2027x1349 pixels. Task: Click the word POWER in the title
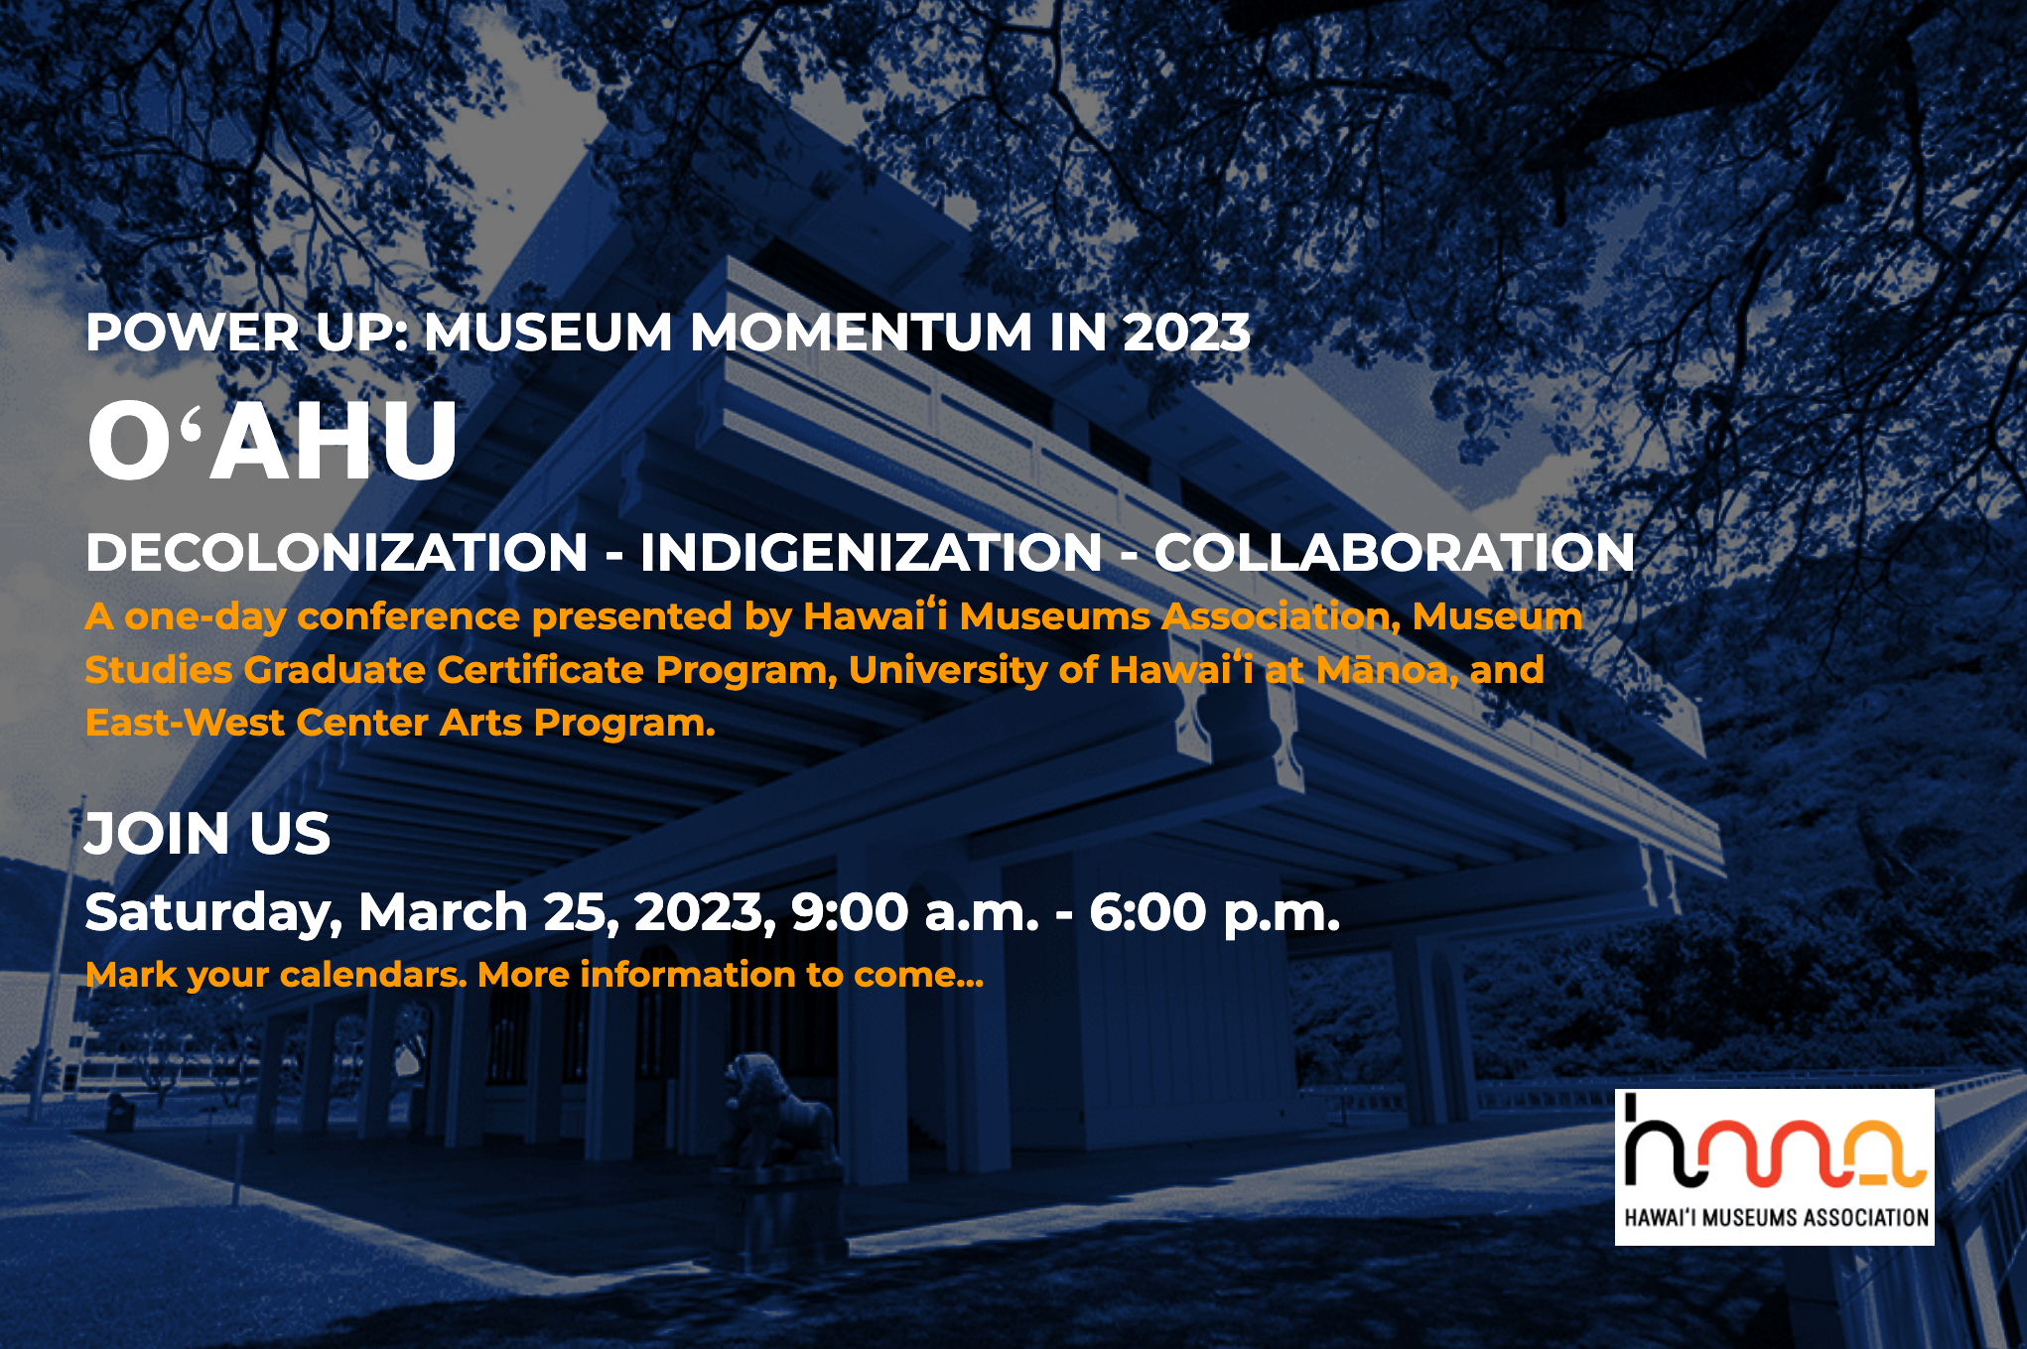(x=193, y=333)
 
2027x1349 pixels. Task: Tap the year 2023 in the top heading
(x=1186, y=333)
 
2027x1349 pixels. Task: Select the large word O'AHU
(x=273, y=441)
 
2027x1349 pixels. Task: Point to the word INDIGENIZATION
(x=872, y=552)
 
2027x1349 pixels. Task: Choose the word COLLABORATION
(x=1394, y=552)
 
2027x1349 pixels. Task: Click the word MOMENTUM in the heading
(x=861, y=333)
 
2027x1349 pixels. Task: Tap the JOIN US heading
(x=207, y=834)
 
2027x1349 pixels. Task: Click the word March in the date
(x=443, y=912)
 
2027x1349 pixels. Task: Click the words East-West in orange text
(x=185, y=723)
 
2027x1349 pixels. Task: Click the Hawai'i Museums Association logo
(x=1775, y=1167)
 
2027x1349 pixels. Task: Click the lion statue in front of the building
(x=779, y=1112)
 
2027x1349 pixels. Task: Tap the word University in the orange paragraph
(x=947, y=671)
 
